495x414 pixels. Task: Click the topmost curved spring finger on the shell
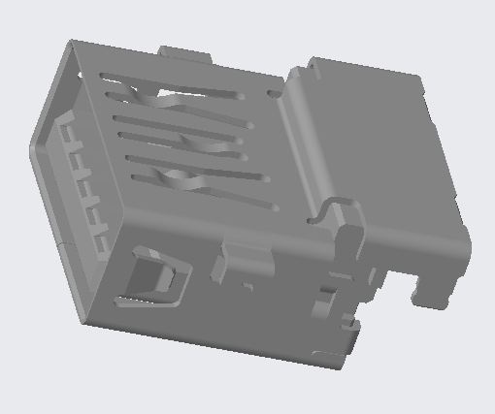(x=155, y=98)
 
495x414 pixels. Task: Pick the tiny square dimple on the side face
(x=248, y=286)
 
